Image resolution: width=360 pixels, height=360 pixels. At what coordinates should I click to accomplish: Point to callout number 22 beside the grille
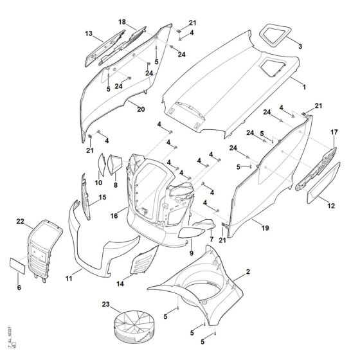pyautogui.click(x=20, y=222)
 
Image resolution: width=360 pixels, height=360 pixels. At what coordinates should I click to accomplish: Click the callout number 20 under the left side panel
pyautogui.click(x=141, y=109)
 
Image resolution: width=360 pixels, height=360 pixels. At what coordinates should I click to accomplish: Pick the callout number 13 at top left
pyautogui.click(x=89, y=33)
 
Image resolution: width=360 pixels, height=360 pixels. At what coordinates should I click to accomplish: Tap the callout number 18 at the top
pyautogui.click(x=122, y=22)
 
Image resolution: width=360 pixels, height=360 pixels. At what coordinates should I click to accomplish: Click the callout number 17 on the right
pyautogui.click(x=334, y=132)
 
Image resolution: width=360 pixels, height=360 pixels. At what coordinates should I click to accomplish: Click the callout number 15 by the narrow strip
pyautogui.click(x=102, y=198)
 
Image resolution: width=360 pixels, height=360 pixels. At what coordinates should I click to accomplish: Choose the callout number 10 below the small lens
pyautogui.click(x=98, y=183)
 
